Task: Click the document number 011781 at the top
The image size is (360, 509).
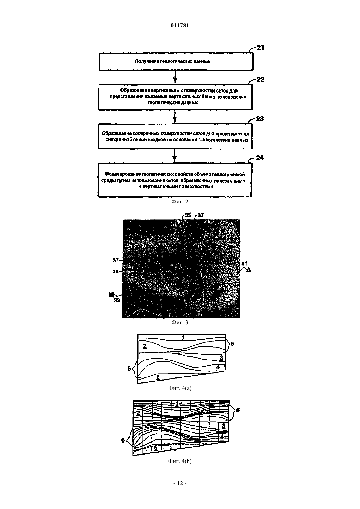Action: [x=180, y=25]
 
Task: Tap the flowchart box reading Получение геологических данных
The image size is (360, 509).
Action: [x=176, y=61]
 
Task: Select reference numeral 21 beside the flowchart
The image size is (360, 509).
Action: [x=261, y=47]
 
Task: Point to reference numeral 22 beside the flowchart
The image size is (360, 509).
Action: [x=261, y=79]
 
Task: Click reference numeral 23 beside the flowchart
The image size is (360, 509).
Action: [x=260, y=119]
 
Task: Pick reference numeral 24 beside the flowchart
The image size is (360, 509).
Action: [x=260, y=158]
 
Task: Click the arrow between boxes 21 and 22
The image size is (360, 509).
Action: [x=175, y=78]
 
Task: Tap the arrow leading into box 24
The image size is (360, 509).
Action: [x=174, y=156]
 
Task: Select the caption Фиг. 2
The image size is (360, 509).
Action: [x=180, y=202]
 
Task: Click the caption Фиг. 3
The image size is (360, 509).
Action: [x=180, y=322]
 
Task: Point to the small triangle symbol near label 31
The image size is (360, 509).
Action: [x=249, y=270]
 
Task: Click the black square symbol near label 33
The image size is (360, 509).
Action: [x=111, y=295]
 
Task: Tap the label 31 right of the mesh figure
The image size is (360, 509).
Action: [x=244, y=264]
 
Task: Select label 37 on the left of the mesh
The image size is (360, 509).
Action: [x=116, y=261]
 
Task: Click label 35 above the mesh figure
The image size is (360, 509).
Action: [x=188, y=215]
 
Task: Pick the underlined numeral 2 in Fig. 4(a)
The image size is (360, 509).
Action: [x=145, y=346]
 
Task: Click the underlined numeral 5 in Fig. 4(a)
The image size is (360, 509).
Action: [x=158, y=377]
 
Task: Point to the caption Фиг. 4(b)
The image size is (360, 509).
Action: [x=180, y=461]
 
